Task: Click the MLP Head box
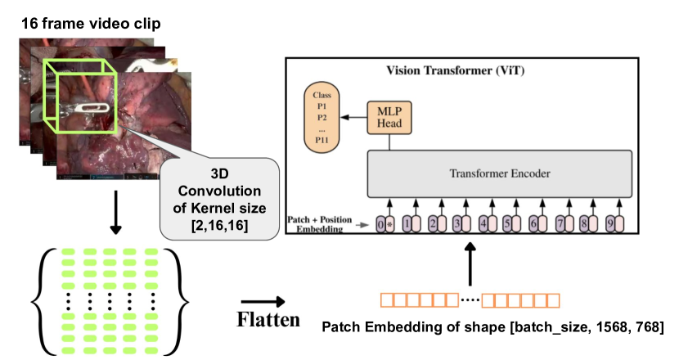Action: point(388,117)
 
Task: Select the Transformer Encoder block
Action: point(500,173)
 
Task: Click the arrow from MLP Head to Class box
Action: point(354,117)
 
